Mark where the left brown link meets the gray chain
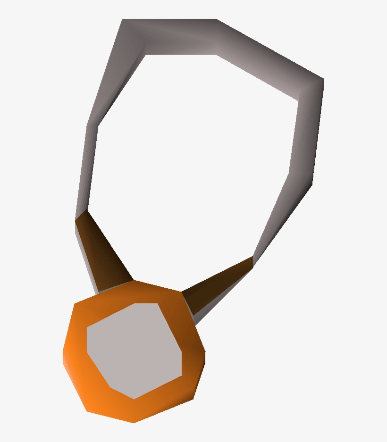click(81, 215)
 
